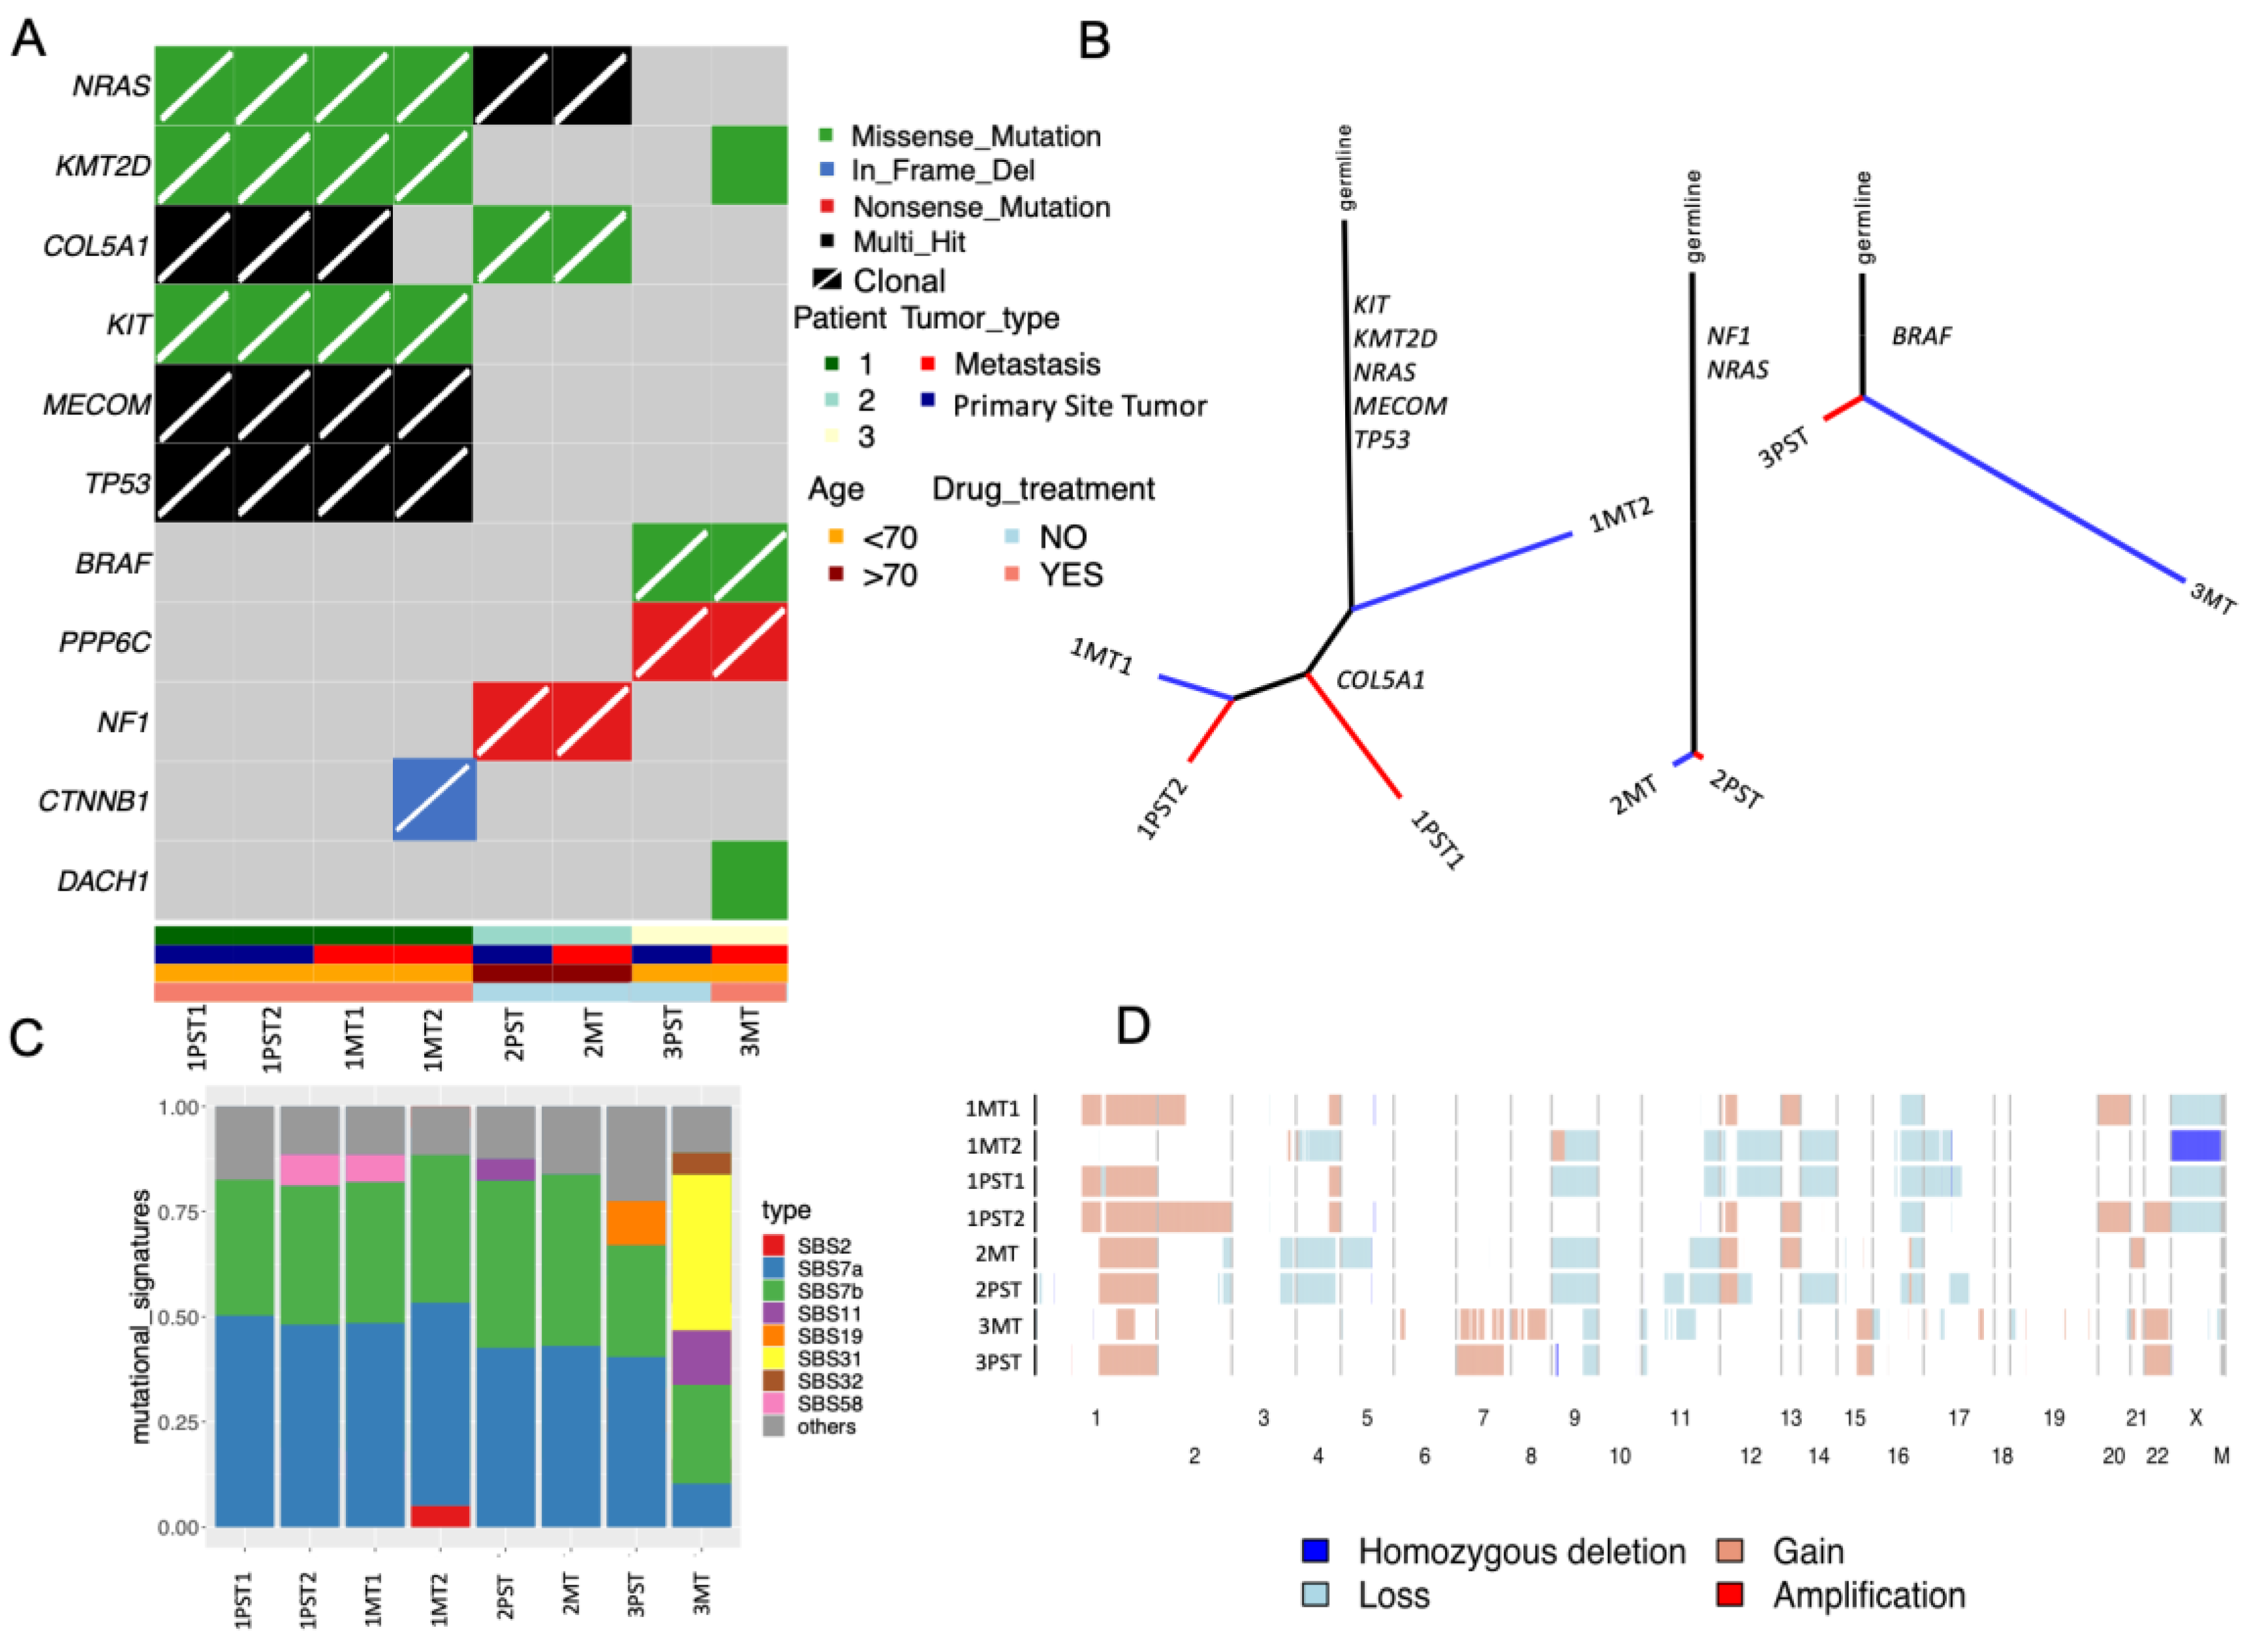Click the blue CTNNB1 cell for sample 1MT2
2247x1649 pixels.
[433, 799]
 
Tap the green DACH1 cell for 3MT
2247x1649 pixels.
[749, 880]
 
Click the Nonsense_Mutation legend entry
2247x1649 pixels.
[980, 208]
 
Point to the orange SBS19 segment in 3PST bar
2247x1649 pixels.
[636, 1223]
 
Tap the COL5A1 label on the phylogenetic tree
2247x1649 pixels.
[1380, 681]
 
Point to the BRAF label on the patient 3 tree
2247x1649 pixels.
[1921, 336]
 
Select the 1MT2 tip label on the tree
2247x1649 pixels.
[1619, 515]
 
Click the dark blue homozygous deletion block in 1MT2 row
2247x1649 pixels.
[2195, 1145]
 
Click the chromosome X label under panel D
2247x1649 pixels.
[2195, 1417]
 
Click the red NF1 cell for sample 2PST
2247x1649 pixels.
[512, 720]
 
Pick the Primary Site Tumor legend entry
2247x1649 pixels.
[1078, 407]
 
